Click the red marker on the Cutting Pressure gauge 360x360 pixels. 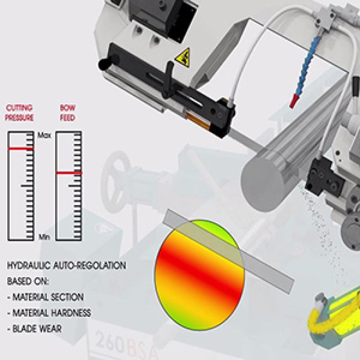[x=21, y=149]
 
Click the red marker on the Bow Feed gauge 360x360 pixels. [x=69, y=173]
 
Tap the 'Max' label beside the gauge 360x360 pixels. [x=44, y=135]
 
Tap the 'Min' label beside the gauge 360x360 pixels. [x=44, y=237]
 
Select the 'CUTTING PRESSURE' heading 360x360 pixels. [x=19, y=113]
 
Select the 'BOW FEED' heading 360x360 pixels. [x=68, y=113]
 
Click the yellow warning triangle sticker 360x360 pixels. [x=183, y=58]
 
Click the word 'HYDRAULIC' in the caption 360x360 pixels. [x=29, y=265]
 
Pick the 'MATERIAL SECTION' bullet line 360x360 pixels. [x=45, y=297]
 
